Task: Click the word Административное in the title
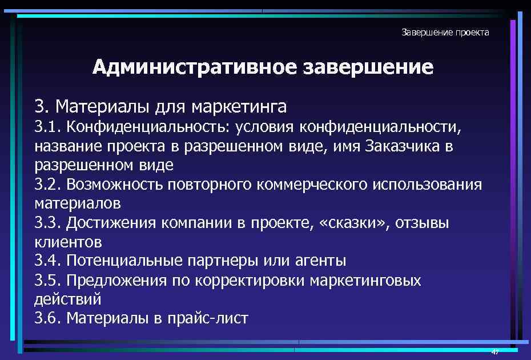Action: point(195,67)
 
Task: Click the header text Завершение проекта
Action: point(445,33)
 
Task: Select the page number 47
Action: point(495,352)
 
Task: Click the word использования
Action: point(428,185)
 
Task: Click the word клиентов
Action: point(68,242)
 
